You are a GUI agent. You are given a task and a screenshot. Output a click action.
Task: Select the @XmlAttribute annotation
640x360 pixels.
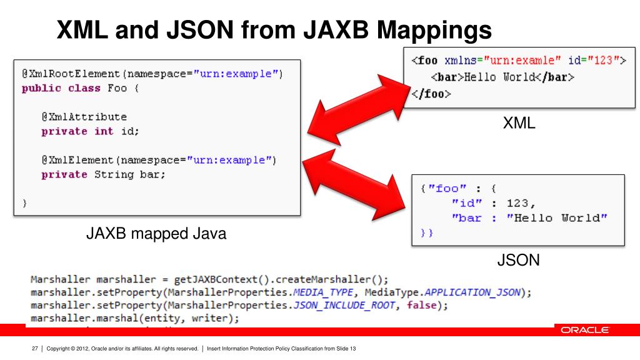[x=84, y=117]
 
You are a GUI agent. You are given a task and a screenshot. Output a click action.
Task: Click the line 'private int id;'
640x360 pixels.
[x=90, y=131]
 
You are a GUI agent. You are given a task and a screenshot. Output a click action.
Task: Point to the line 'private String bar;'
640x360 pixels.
[x=103, y=174]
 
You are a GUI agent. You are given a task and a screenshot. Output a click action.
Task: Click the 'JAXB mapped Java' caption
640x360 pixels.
[x=156, y=235]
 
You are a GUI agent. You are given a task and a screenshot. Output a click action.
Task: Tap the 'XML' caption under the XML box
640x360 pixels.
[x=519, y=124]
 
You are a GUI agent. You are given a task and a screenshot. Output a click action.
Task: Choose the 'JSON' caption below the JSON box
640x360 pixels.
[x=518, y=260]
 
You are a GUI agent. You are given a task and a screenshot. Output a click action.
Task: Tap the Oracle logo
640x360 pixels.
[x=584, y=330]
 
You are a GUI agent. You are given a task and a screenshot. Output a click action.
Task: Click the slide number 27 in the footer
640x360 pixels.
[x=36, y=348]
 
